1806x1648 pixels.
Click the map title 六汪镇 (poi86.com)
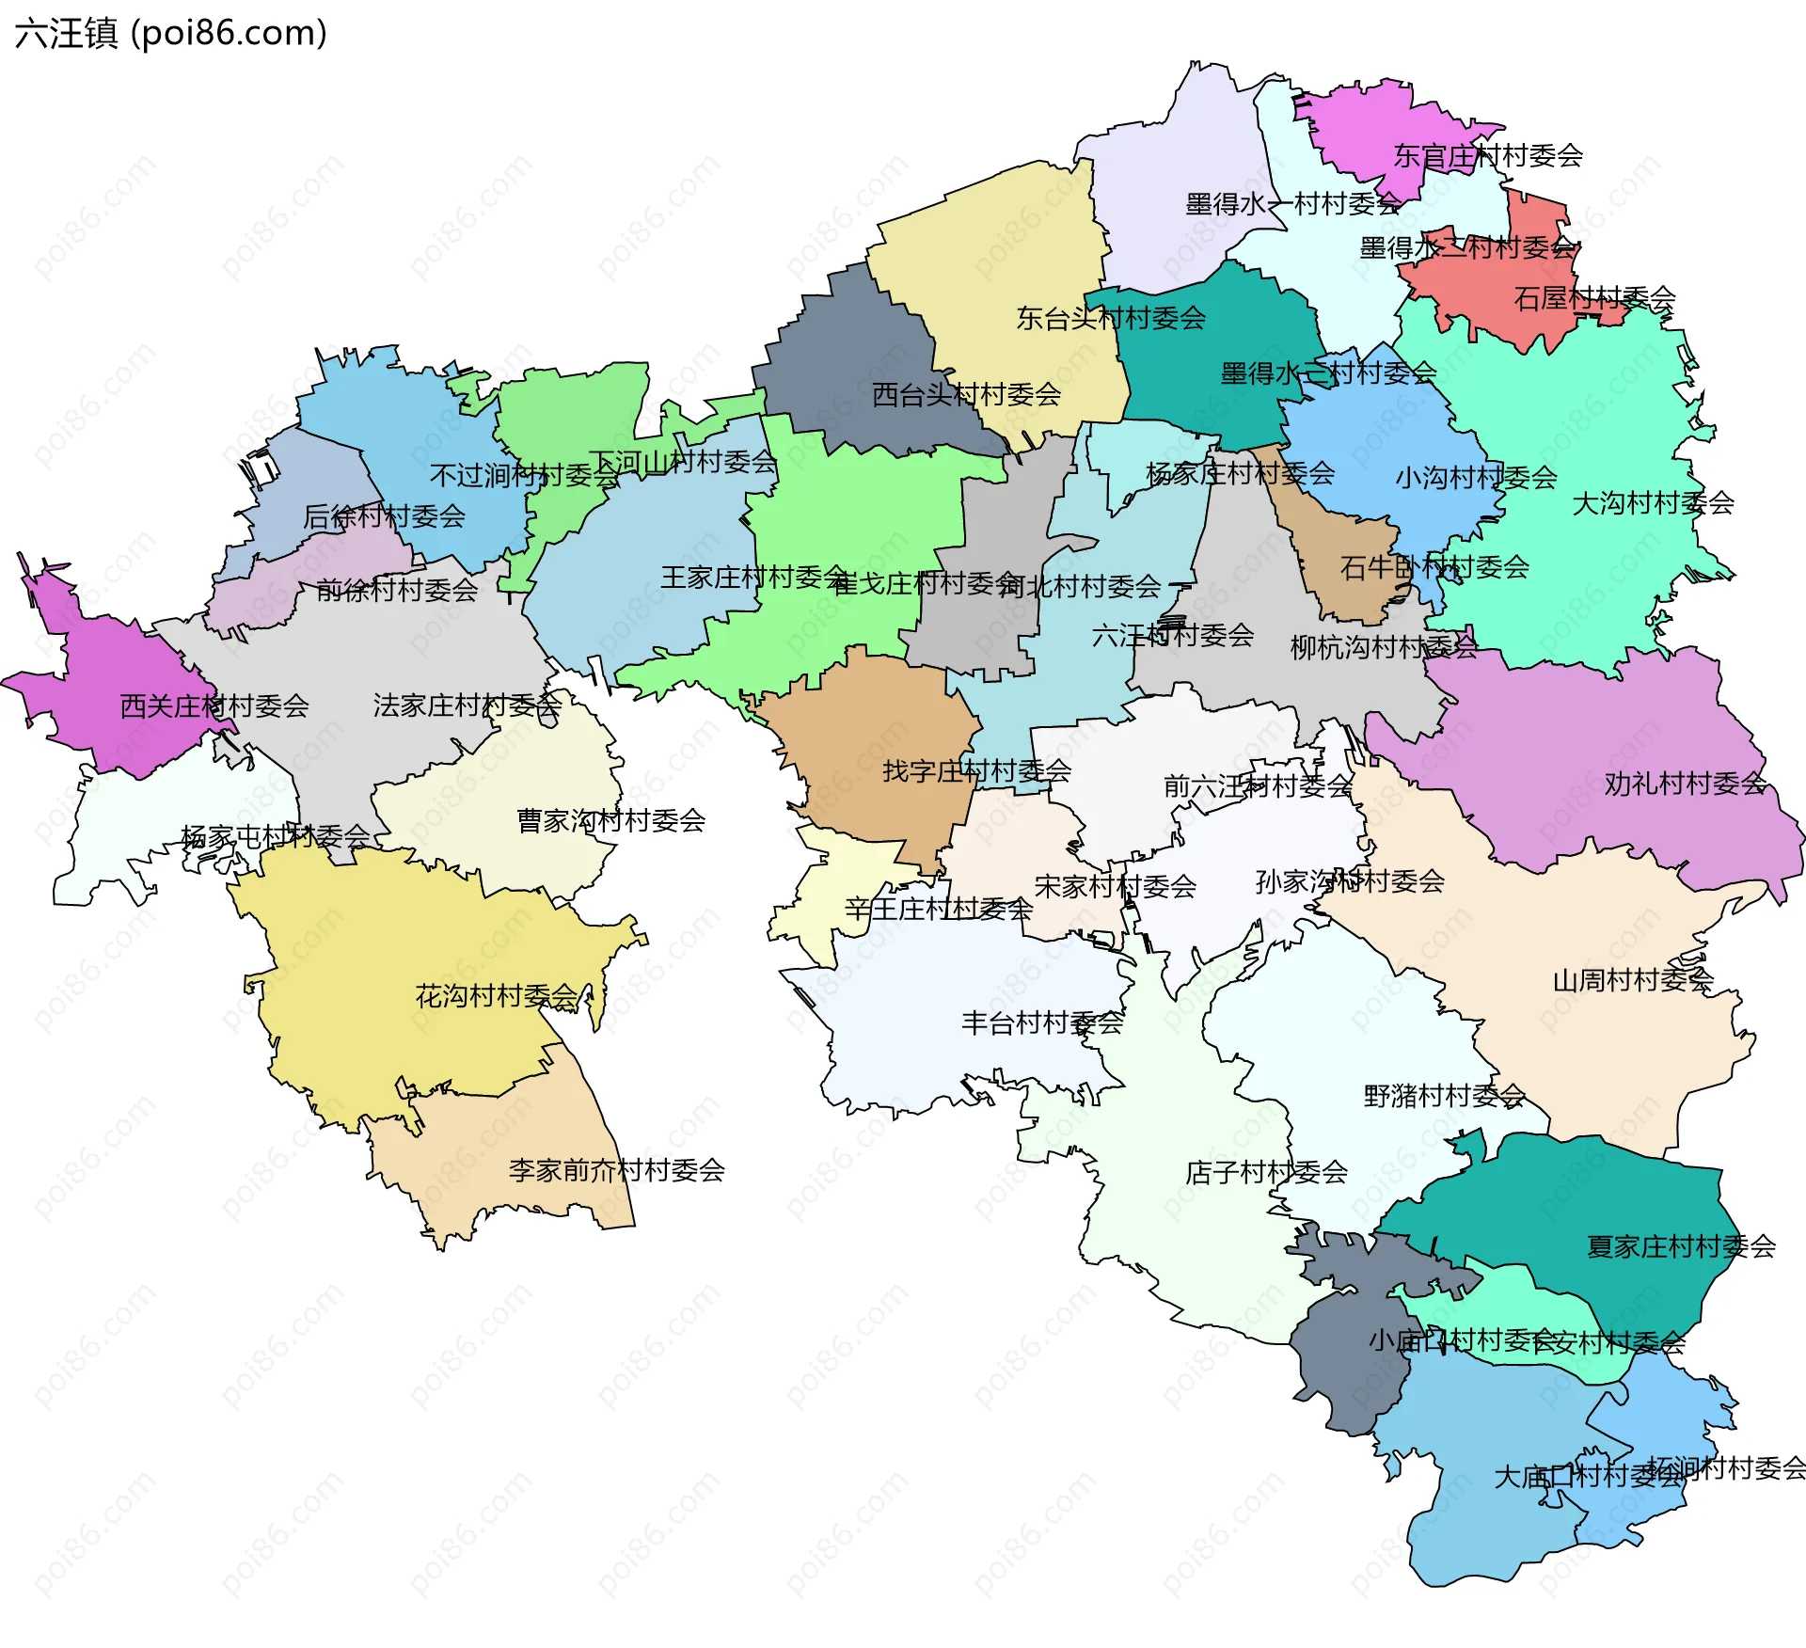[171, 34]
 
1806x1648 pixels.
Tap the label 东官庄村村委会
[1488, 156]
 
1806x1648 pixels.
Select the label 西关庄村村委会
[214, 705]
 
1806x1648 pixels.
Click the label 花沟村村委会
[497, 996]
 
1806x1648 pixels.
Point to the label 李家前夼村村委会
[616, 1170]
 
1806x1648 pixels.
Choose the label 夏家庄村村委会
[1681, 1246]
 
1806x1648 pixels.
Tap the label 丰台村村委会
[1042, 1022]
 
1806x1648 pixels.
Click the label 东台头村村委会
[1111, 318]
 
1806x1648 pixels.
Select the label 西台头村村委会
[966, 394]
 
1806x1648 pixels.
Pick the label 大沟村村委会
[1653, 503]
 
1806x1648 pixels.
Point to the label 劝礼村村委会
[1685, 784]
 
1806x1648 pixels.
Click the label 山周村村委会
[1633, 980]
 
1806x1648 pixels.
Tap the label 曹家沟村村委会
[611, 820]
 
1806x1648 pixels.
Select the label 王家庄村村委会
[754, 577]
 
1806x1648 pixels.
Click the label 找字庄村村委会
[976, 771]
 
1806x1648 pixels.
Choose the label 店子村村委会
[1266, 1172]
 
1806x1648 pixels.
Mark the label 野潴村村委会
[1444, 1095]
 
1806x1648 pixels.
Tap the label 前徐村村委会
[397, 590]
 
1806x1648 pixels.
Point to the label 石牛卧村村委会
[1434, 567]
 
